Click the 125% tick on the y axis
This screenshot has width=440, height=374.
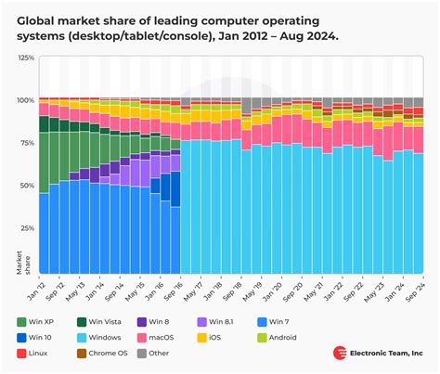coord(24,58)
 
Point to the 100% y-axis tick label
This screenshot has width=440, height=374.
coord(24,99)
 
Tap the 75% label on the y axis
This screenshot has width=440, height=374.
coord(26,142)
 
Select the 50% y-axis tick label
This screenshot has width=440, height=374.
coord(26,185)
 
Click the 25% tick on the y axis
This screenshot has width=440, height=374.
coord(26,227)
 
